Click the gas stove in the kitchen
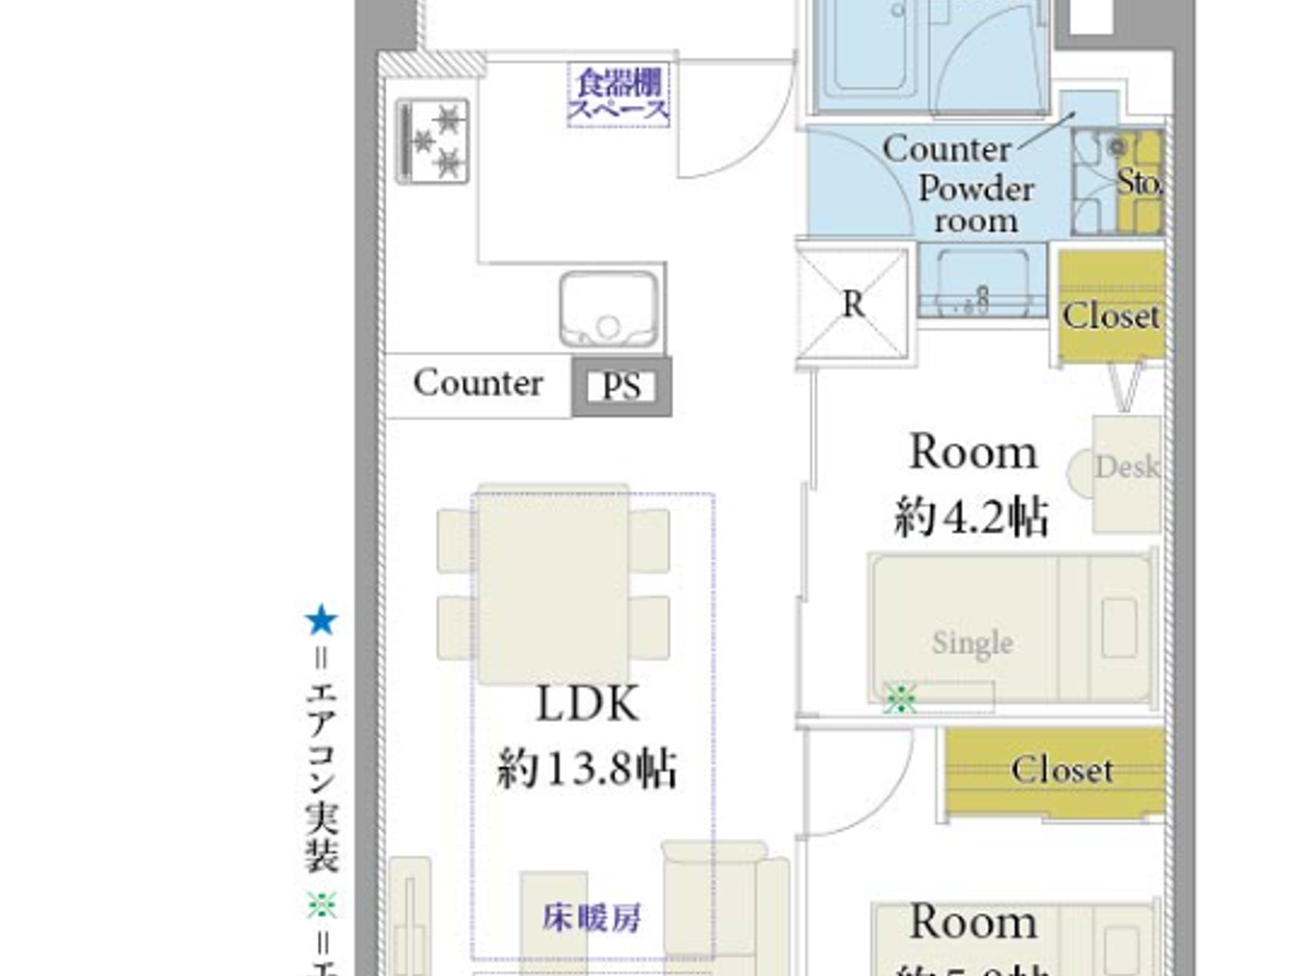tap(433, 141)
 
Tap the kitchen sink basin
tap(609, 310)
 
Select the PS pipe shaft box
tap(622, 386)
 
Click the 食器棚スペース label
tap(619, 95)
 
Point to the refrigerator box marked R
tap(852, 304)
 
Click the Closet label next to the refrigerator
tap(1110, 316)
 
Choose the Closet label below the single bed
tap(1062, 770)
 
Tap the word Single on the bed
tap(972, 642)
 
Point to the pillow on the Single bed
tap(1119, 627)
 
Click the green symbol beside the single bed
tap(900, 698)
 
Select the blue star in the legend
tap(322, 620)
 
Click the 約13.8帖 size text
tap(587, 770)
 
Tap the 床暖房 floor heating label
tap(592, 918)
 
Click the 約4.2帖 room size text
tap(972, 517)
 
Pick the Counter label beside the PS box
tap(478, 383)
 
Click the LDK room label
tap(587, 704)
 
